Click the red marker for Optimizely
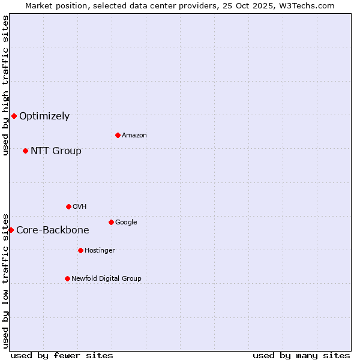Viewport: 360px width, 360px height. coord(14,116)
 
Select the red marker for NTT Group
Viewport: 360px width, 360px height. coord(25,151)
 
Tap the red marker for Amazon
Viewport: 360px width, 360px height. coord(118,135)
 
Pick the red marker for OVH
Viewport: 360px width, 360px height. coord(68,206)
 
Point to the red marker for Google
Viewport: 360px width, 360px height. coord(111,222)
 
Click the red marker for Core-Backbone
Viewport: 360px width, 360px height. coord(11,230)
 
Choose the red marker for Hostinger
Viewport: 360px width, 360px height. coord(80,250)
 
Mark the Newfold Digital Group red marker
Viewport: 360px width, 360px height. coord(67,278)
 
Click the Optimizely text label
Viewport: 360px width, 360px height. coord(44,116)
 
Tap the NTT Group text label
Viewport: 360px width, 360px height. coord(56,151)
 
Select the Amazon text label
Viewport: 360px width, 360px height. coord(134,136)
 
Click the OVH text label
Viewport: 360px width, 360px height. coord(80,207)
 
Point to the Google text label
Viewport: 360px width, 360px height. coord(126,223)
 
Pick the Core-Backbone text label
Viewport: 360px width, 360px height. coord(53,230)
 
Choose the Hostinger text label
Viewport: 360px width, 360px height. coord(100,251)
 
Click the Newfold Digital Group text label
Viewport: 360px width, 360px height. coord(106,279)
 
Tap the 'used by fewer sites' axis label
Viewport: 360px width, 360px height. coord(62,355)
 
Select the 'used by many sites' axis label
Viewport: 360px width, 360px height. coord(301,355)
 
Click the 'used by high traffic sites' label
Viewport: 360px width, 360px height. coord(5,85)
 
